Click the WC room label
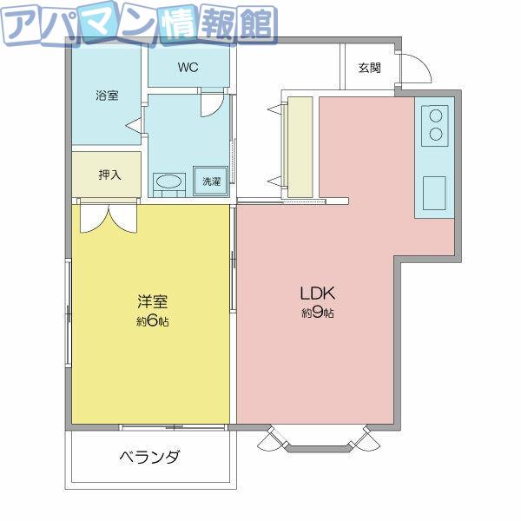point(188,68)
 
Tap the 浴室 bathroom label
point(107,96)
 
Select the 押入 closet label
point(109,175)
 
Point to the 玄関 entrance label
point(370,68)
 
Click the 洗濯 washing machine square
point(211,181)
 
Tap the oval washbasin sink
point(168,181)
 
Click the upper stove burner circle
point(436,116)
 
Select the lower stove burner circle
point(436,134)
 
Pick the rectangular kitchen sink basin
point(434,193)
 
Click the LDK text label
point(318,293)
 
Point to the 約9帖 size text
point(318,313)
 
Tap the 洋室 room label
point(153,301)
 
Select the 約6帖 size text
point(153,321)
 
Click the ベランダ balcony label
point(149,458)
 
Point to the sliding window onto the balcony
point(174,427)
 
